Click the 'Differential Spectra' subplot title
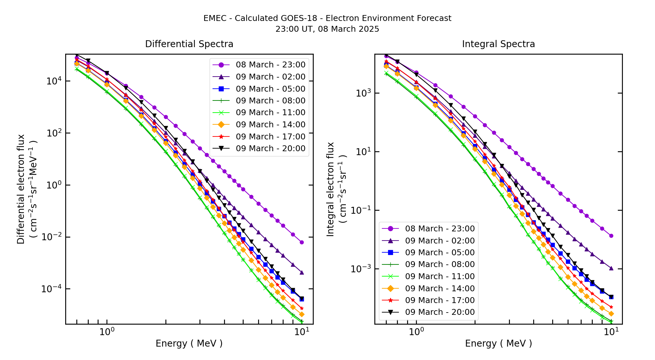point(189,44)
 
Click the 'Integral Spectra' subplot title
point(498,44)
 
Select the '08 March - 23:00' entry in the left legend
point(270,65)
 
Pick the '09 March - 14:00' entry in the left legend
point(270,125)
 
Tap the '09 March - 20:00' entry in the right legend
point(440,312)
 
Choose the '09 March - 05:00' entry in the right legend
point(440,253)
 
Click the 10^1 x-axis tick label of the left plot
point(302,332)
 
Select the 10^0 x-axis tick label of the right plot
point(416,332)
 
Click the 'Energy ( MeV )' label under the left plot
point(189,343)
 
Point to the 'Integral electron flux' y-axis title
point(330,189)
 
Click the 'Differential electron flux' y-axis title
point(21,189)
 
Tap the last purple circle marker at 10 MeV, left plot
point(302,242)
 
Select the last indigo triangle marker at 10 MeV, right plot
point(611,268)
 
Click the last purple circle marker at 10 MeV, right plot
point(611,236)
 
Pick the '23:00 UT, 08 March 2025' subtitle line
point(327,29)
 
